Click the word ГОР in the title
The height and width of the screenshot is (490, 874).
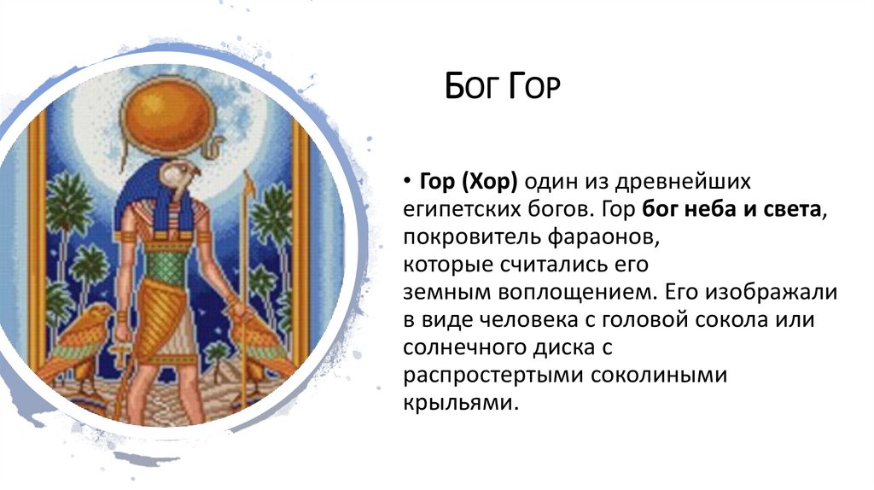tap(535, 87)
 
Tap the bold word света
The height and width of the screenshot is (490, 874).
tap(793, 209)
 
